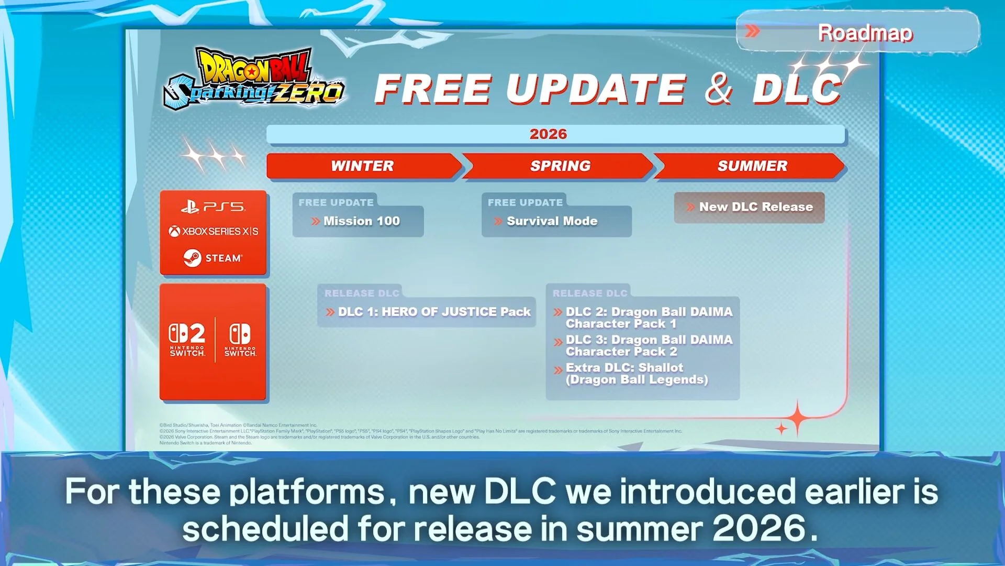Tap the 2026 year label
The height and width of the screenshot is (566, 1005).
point(548,134)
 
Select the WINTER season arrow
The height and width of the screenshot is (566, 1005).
point(362,166)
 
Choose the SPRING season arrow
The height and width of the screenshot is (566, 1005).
point(560,166)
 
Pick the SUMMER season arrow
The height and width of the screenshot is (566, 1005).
point(752,166)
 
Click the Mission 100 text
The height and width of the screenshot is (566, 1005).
point(361,221)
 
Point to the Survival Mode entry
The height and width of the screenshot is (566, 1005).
point(552,221)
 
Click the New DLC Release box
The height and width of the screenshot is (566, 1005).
point(750,207)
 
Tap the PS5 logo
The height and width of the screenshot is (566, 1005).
point(213,207)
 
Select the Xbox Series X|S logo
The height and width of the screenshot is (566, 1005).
point(213,231)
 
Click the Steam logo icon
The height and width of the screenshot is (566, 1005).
point(193,258)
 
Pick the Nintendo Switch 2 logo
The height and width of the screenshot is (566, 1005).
point(187,340)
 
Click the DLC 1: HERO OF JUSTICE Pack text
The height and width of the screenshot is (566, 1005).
point(434,312)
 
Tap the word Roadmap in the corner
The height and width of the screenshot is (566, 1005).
point(865,32)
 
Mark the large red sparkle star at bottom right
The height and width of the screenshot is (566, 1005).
point(797,418)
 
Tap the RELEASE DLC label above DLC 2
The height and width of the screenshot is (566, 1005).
point(589,293)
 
